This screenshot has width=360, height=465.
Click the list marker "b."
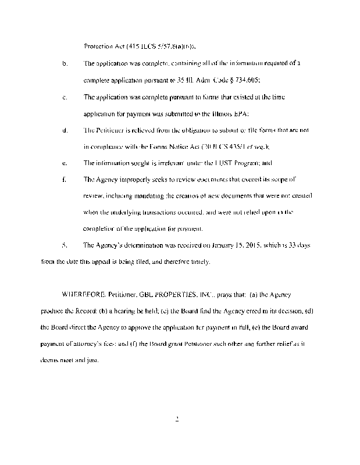64,62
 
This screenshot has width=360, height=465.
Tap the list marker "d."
64,130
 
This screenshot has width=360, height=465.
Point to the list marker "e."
64,163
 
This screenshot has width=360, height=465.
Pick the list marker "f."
64,180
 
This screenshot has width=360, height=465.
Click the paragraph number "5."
64,245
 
